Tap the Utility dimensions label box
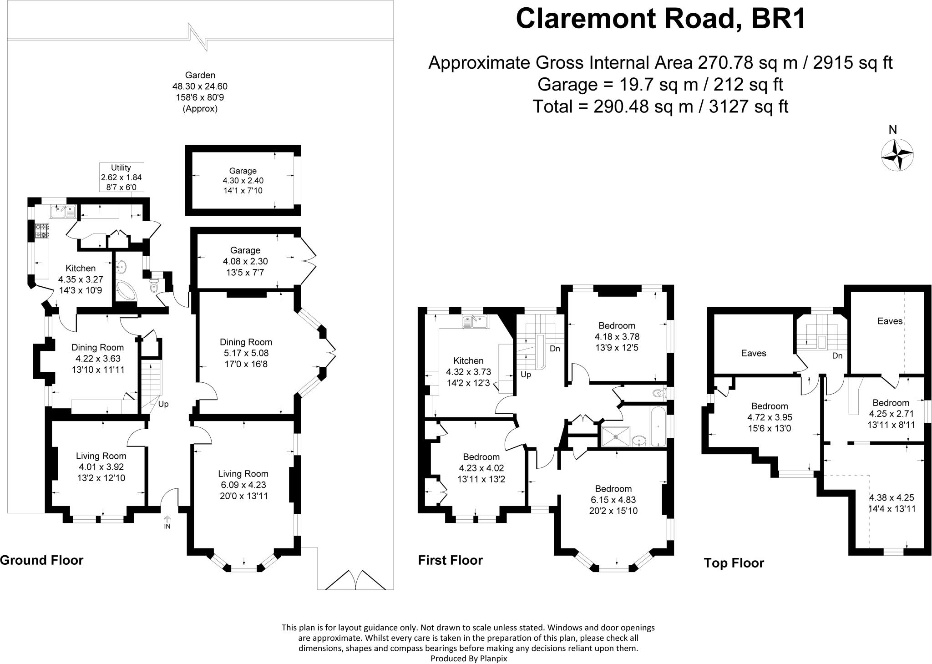(x=121, y=177)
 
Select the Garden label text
(x=200, y=75)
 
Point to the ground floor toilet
(x=153, y=286)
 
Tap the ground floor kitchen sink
(x=63, y=212)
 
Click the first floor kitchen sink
(x=475, y=322)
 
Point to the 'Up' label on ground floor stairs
(x=163, y=404)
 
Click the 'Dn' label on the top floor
(x=837, y=356)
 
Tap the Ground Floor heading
(x=42, y=560)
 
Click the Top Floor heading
(x=734, y=563)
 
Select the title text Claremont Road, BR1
(x=660, y=19)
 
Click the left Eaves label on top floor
(x=754, y=353)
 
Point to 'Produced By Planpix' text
(x=468, y=658)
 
